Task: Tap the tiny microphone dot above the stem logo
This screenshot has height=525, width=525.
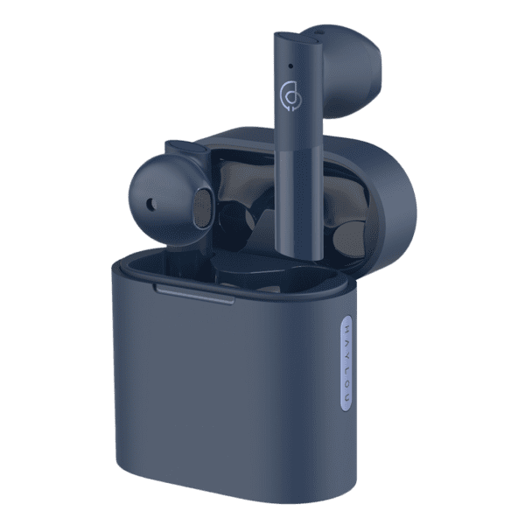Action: (x=290, y=66)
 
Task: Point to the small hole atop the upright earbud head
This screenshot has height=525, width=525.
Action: (x=317, y=32)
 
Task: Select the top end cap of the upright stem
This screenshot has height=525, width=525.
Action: (x=297, y=39)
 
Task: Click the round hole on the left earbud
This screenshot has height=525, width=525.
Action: (x=151, y=203)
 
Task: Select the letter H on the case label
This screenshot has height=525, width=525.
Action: (x=346, y=327)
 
